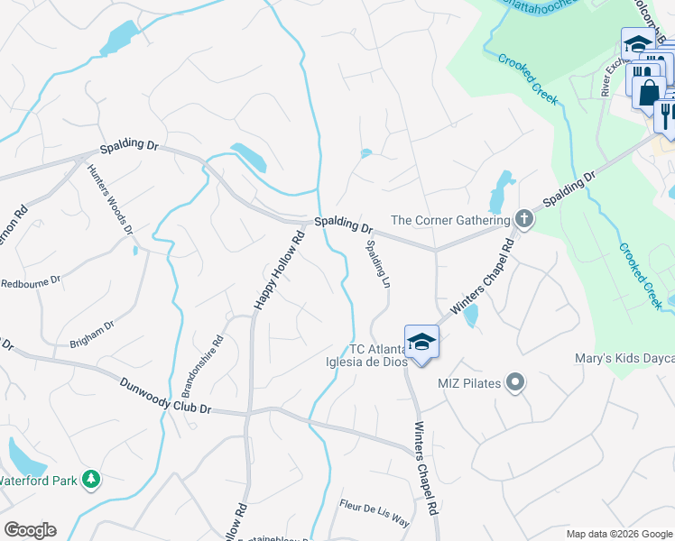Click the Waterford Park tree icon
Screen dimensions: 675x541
(90, 480)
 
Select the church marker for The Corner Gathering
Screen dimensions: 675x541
(523, 219)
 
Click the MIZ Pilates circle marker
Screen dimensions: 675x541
(515, 383)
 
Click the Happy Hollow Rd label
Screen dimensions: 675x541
(279, 271)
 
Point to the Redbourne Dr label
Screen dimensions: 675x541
(30, 281)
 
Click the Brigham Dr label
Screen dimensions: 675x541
(92, 335)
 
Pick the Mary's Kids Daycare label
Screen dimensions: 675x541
(624, 359)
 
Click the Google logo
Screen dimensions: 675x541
(30, 530)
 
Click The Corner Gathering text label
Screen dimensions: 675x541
(449, 220)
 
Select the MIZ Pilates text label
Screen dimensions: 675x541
(468, 383)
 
